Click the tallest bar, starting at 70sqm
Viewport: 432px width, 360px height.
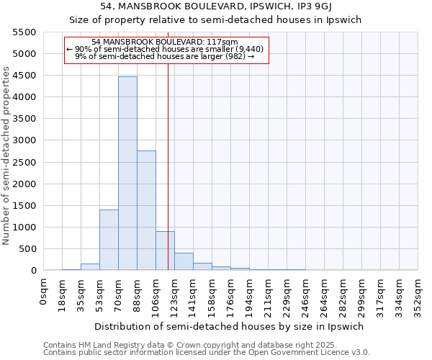(x=127, y=173)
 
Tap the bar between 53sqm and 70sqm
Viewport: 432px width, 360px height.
(x=109, y=240)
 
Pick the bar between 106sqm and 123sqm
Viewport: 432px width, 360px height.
(x=165, y=251)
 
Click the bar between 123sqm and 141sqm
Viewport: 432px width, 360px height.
(x=184, y=261)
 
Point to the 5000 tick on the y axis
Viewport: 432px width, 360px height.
(x=25, y=54)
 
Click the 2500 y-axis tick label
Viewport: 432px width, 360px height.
(x=25, y=162)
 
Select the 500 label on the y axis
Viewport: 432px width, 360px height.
(x=28, y=249)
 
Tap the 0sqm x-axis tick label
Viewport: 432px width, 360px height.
(x=45, y=294)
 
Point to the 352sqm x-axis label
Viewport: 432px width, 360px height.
(x=418, y=294)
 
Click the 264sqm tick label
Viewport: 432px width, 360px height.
(x=325, y=294)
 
